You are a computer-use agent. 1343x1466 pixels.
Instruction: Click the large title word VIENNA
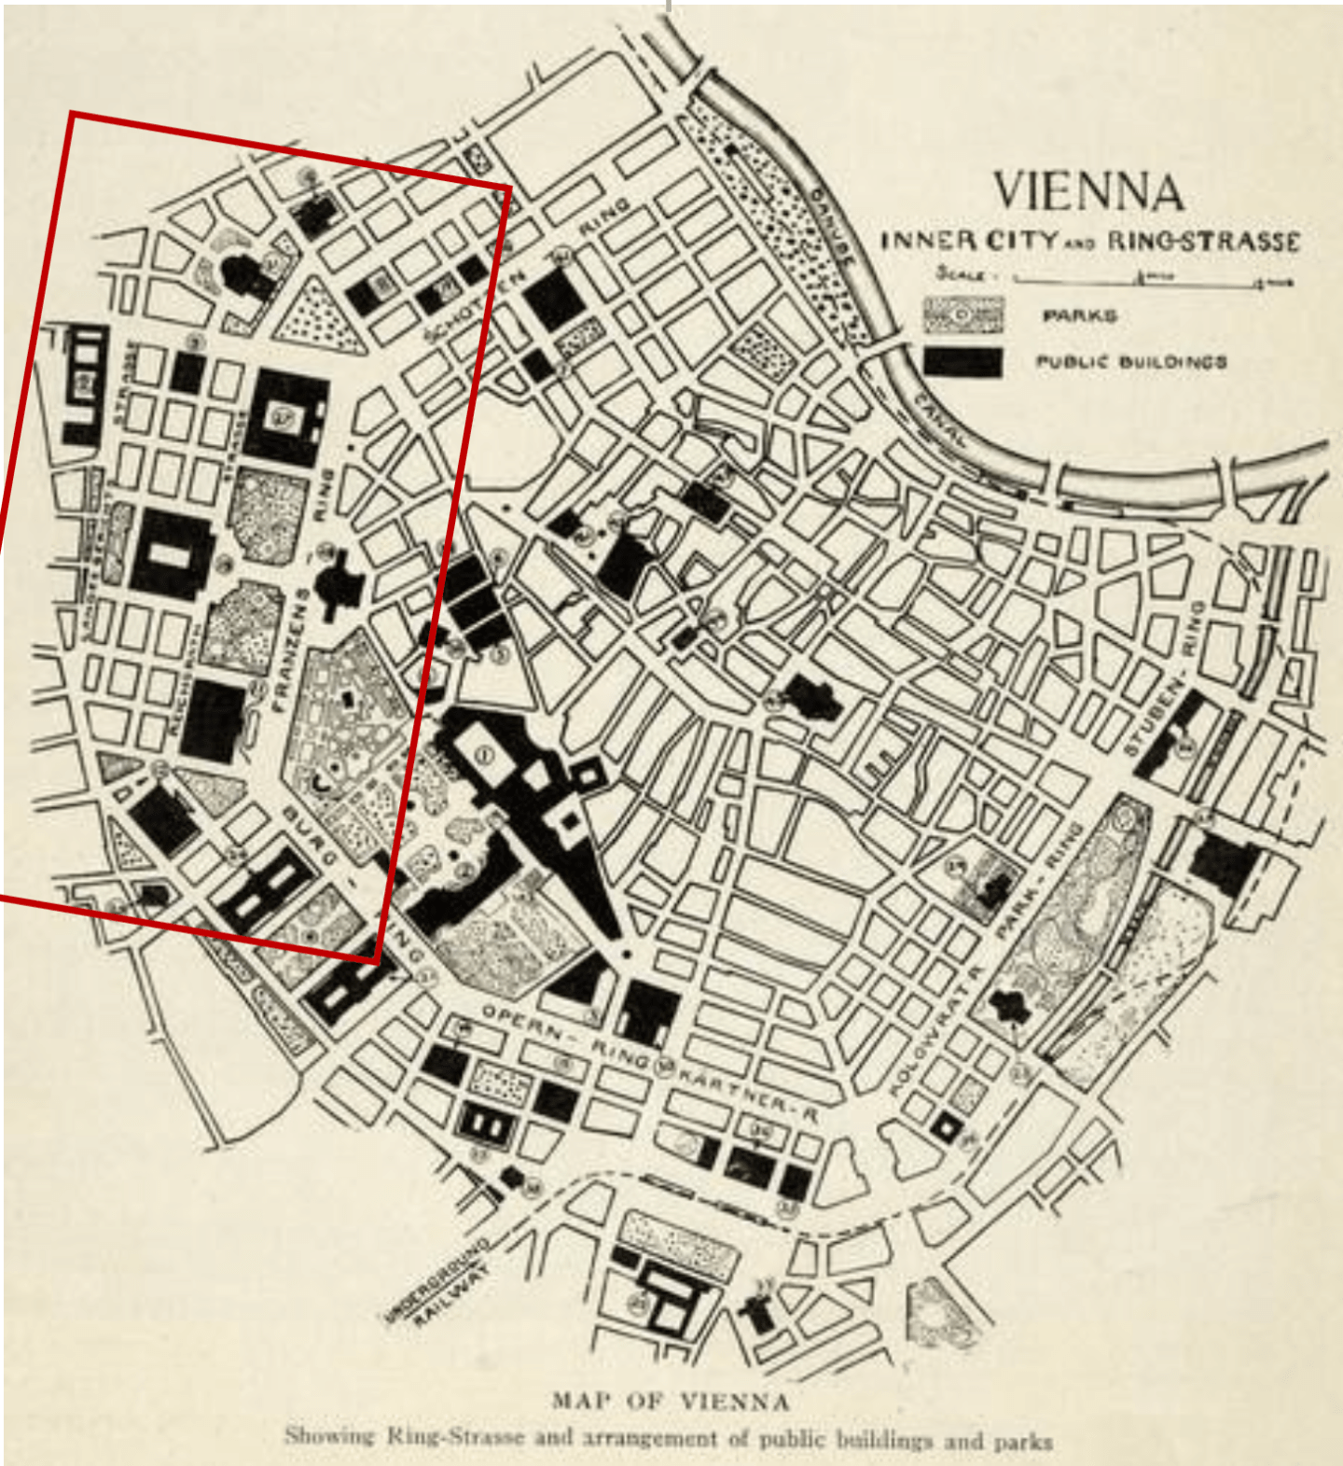coord(1088,192)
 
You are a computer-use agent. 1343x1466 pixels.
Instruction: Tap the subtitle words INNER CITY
coord(969,241)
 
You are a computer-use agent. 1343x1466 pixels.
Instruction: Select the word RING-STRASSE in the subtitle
coord(1203,242)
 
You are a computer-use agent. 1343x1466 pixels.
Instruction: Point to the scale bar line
coord(1152,278)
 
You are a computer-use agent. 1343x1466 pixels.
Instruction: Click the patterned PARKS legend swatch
coord(962,315)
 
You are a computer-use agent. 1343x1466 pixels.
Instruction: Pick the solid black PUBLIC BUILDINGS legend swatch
coord(962,362)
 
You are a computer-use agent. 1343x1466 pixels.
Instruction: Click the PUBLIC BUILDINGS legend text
coord(1130,362)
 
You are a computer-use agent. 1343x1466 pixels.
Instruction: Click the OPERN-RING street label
coord(564,1036)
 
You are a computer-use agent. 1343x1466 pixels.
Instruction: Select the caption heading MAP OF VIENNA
coord(670,1401)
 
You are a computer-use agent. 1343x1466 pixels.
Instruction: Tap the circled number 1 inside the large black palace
coord(483,755)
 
